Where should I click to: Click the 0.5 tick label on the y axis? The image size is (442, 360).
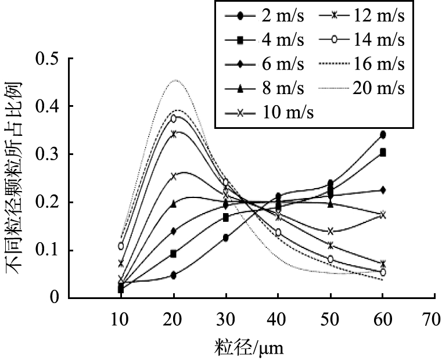click(48, 59)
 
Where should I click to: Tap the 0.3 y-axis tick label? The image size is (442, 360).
click(48, 154)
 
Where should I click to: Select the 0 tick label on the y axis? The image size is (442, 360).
click(55, 298)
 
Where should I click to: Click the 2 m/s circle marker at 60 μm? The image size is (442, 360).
click(383, 135)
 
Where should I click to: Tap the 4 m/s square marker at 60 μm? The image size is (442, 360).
click(383, 152)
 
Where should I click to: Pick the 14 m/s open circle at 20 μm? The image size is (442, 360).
click(173, 118)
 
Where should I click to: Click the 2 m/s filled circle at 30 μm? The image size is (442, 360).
click(225, 237)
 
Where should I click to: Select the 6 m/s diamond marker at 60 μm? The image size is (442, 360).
click(383, 190)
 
